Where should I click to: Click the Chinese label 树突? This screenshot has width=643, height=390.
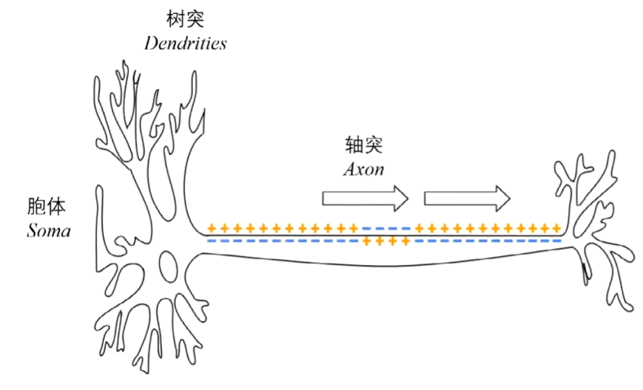185,17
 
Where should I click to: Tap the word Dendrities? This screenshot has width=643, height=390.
185,43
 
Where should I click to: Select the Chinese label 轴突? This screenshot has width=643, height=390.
363,144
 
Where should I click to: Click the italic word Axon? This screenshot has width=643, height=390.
363,169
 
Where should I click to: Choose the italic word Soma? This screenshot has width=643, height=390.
49,231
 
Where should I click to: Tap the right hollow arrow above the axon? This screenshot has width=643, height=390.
467,198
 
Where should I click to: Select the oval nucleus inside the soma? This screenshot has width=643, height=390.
168,264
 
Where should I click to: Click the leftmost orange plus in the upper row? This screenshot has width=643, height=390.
212,228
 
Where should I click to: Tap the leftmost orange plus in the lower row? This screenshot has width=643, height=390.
368,241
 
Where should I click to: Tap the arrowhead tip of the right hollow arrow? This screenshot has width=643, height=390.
510,198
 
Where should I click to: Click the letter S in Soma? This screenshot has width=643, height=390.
31,231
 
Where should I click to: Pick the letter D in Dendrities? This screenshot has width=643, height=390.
150,43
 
